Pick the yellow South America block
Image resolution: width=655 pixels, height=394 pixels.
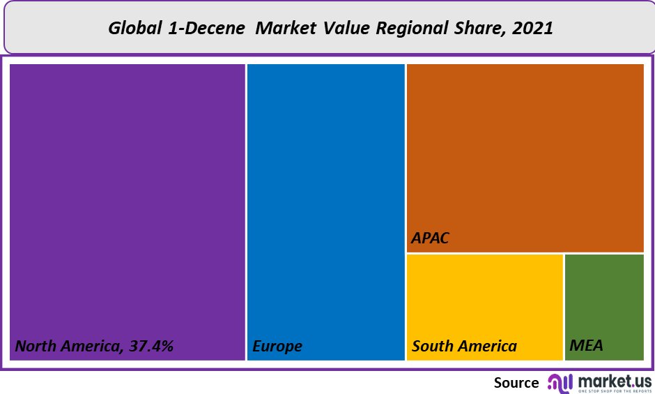point(484,300)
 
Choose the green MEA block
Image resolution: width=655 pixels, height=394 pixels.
point(604,300)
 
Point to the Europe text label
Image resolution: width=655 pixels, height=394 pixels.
point(277,346)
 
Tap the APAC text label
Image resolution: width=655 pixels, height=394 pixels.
point(430,238)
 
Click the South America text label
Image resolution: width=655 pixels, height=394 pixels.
point(464,346)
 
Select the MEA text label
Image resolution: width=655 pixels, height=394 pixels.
point(586,346)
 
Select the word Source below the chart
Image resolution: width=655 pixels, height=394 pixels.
point(516,382)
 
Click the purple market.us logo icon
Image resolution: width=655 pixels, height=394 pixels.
point(560,382)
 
